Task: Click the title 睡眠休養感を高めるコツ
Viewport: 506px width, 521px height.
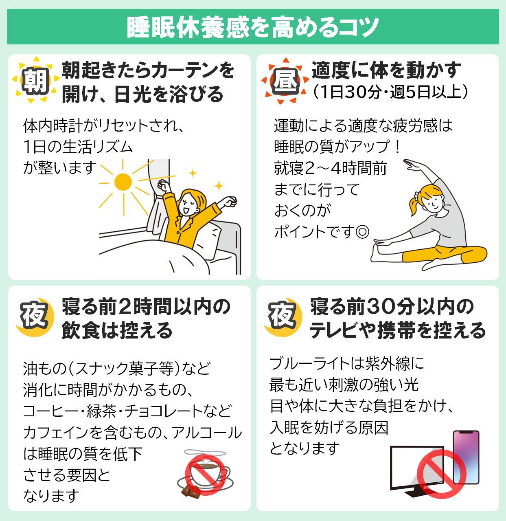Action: coord(253,27)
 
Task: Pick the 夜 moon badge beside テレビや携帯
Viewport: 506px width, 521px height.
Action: coord(283,317)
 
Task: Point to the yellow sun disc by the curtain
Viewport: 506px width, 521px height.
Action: coord(123,182)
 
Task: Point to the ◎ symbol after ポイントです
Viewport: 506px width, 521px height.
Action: coord(363,232)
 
